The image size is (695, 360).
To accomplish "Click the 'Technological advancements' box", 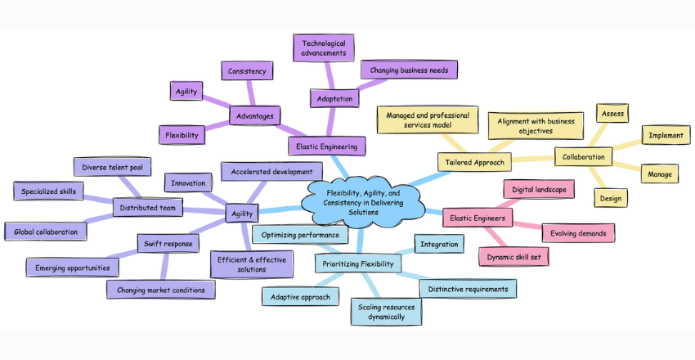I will click(324, 47).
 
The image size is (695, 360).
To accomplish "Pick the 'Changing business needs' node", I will click(409, 70).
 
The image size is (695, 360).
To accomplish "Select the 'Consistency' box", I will click(247, 71).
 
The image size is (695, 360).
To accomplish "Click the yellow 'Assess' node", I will click(612, 114).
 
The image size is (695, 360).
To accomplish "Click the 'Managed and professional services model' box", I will click(427, 119).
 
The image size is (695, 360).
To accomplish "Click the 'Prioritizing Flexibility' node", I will click(357, 263).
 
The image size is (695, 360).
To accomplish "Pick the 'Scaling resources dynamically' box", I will click(388, 312).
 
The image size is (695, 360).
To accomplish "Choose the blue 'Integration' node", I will click(440, 243).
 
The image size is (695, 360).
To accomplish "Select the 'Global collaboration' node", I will click(46, 232).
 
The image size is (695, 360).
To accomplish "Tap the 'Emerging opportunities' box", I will click(72, 267).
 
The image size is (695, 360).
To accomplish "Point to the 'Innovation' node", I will click(188, 182).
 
